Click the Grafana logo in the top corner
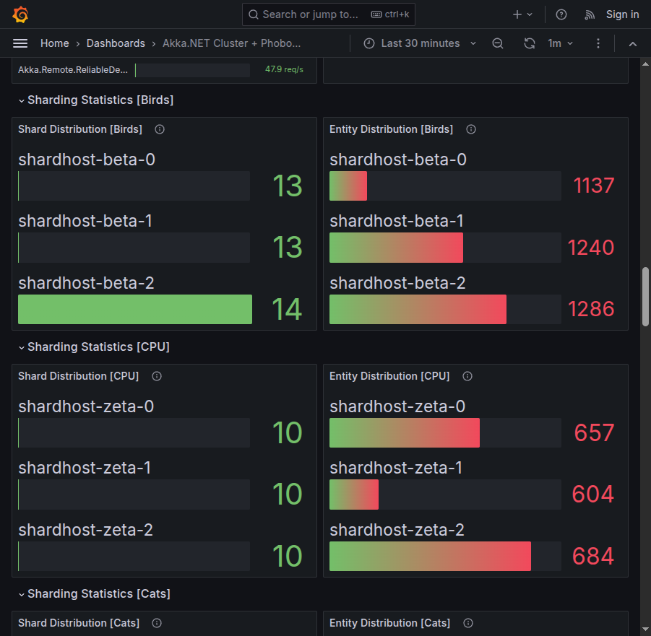pos(21,14)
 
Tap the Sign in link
pos(622,14)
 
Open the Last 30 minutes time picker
pos(420,43)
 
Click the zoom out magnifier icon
pos(498,43)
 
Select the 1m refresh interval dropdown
pos(560,43)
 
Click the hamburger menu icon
pos(20,43)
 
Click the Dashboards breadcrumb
pos(116,43)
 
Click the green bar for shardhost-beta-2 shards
pos(135,309)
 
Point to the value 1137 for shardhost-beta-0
pos(593,186)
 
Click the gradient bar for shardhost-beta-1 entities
pos(396,248)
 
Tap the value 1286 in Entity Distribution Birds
pos(591,309)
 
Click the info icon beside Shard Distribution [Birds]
pos(160,129)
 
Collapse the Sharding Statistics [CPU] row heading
pos(98,347)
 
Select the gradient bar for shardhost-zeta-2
pos(430,556)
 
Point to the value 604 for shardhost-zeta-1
pos(592,495)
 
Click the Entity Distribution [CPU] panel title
pos(389,376)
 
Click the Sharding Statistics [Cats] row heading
pos(98,593)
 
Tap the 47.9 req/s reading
pos(284,70)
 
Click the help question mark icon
pos(561,14)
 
